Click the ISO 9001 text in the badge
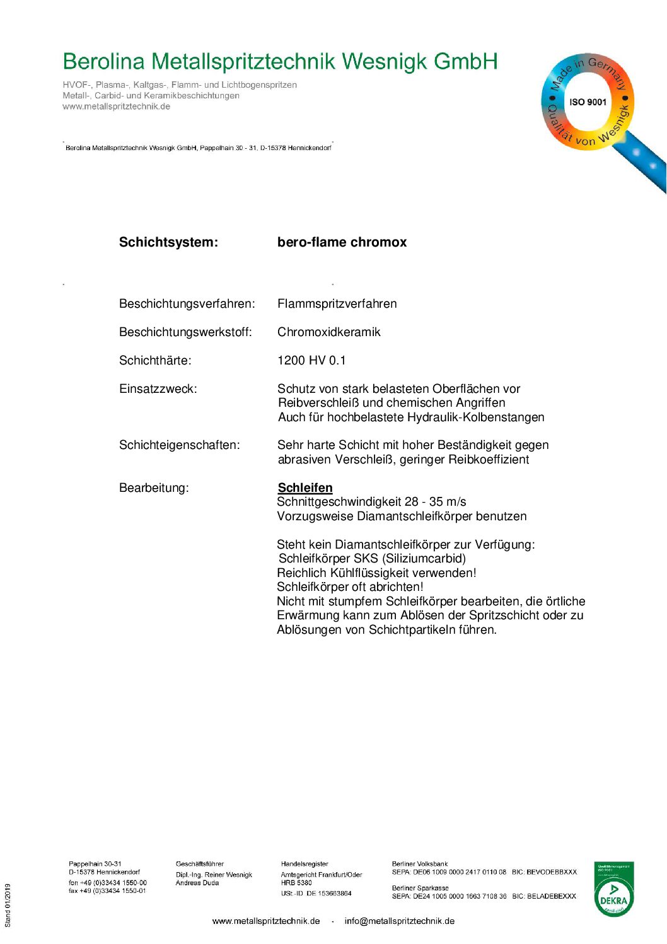pos(588,102)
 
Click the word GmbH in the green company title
pos(466,62)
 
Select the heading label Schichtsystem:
pos(168,242)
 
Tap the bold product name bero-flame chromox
pos(342,242)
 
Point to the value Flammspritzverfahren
pos(337,304)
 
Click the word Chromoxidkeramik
pos(328,332)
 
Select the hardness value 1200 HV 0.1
pos(311,361)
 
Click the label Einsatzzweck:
pos(158,389)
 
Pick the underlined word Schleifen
pos(305,488)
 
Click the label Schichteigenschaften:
pos(179,445)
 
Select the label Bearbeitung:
pos(154,488)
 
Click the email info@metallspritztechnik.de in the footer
pos(399,921)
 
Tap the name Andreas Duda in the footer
pos(197,883)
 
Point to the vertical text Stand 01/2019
pos(8,906)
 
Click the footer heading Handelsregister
pos(304,864)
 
